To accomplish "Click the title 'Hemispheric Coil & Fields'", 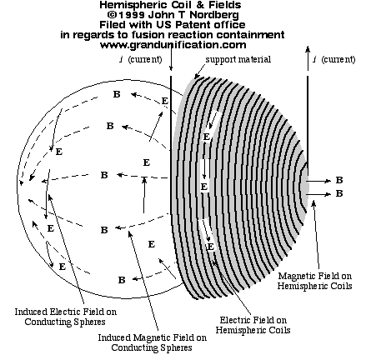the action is point(170,5).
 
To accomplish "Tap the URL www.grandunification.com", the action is point(173,45).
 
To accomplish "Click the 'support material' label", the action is point(238,59).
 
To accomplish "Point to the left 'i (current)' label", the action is point(141,59).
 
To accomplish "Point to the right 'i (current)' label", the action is point(334,59).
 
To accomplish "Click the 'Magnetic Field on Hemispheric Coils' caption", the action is point(315,281).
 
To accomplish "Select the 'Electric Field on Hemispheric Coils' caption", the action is point(253,325).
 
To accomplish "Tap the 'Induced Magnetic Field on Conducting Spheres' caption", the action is point(152,342).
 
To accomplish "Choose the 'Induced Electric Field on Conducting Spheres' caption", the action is point(66,317).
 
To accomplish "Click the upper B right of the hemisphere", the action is point(339,180).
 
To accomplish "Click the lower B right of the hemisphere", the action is point(339,193).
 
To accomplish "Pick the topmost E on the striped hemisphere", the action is point(206,137).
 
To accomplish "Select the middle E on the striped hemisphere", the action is point(204,187).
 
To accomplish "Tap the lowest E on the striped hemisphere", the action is point(210,247).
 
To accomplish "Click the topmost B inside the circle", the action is point(117,94).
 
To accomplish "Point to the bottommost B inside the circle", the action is point(122,280).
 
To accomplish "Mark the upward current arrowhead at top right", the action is point(308,49).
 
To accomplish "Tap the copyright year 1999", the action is point(131,15).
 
